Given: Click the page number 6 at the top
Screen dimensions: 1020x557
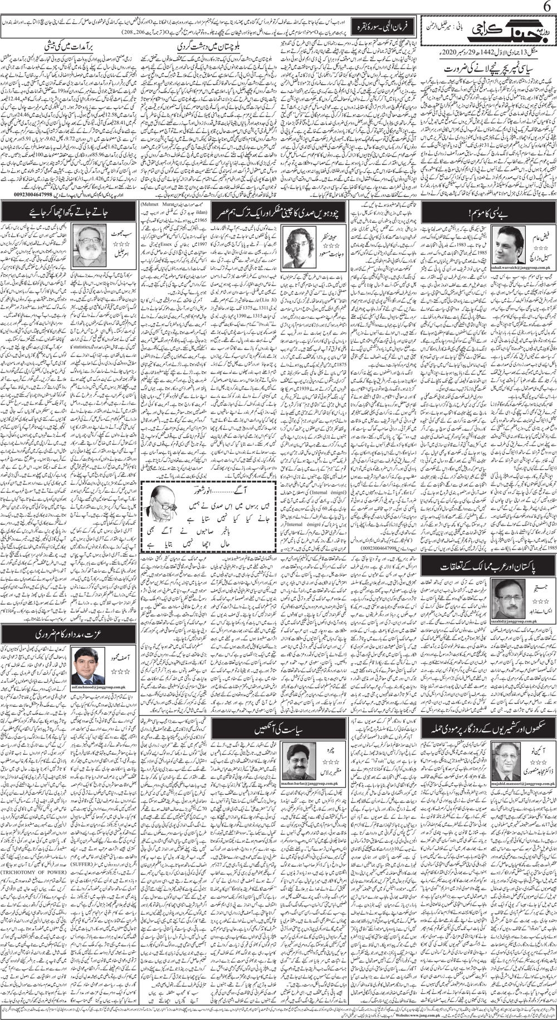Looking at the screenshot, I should click(x=545, y=7).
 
